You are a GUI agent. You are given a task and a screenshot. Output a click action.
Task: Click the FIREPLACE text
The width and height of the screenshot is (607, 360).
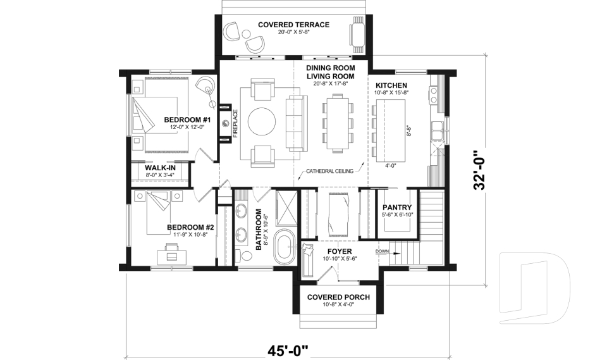point(234,124)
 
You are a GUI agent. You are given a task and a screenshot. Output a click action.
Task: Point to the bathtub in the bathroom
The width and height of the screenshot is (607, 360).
point(283,248)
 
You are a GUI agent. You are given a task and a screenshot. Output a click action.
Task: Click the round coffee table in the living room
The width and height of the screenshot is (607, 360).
point(262,121)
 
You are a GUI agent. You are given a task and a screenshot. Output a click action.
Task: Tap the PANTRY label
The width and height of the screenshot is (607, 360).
point(397,208)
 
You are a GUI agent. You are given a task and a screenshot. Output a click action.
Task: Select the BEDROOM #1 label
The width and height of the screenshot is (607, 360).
point(187,120)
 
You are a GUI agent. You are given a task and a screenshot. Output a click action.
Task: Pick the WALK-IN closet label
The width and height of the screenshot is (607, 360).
point(161,168)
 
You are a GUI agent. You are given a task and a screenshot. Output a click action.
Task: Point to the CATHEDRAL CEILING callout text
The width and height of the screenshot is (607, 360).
point(329,171)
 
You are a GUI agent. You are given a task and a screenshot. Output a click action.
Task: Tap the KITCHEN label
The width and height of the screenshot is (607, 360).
point(391,85)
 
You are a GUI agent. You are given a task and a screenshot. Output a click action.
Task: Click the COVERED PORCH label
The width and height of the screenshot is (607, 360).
point(338,297)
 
